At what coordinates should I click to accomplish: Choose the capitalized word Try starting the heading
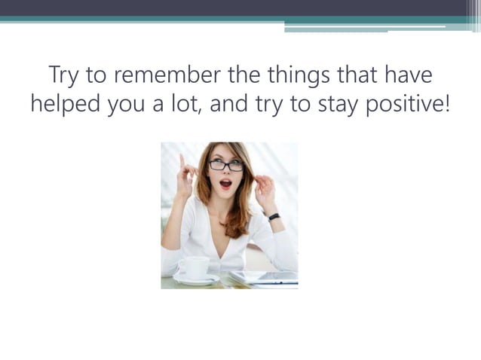click(x=63, y=77)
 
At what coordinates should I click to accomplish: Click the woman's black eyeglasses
click(x=225, y=165)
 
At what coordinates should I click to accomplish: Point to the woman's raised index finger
click(x=181, y=160)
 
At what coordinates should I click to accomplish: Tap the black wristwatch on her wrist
click(x=274, y=216)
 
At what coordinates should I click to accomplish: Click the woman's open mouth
click(x=225, y=183)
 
